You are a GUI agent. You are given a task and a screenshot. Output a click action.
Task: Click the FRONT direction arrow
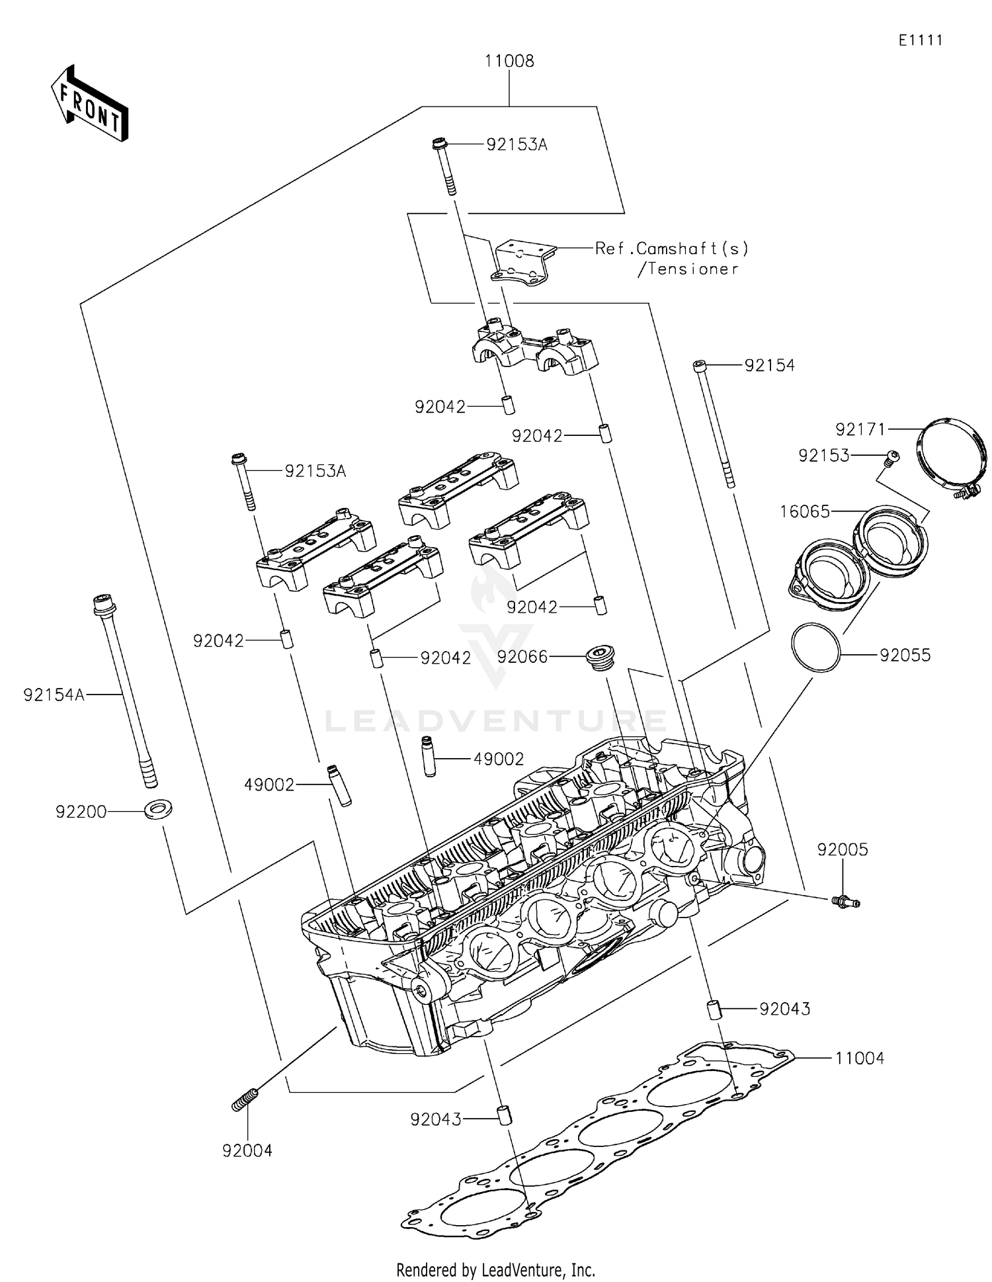tap(89, 104)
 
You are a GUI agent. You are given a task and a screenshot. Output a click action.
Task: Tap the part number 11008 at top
tap(509, 61)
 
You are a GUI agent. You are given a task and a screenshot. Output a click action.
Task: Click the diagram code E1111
tap(920, 40)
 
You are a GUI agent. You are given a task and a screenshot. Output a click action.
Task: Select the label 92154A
tap(54, 695)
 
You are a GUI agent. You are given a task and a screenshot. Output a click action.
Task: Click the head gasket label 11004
tap(859, 1058)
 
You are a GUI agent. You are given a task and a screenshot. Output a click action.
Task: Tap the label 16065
tap(805, 511)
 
